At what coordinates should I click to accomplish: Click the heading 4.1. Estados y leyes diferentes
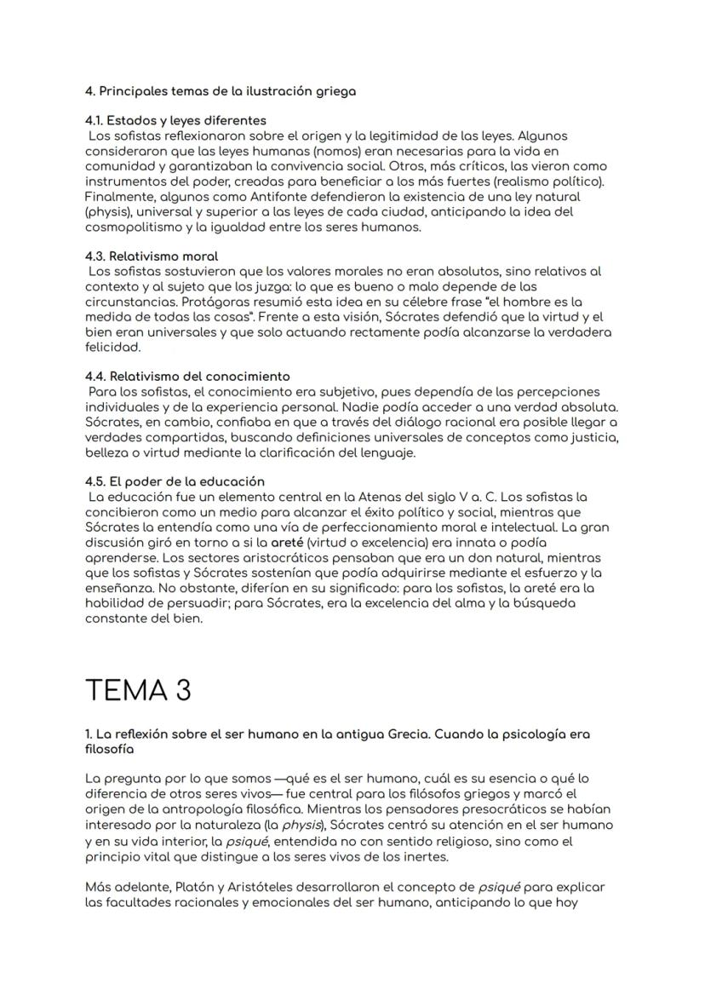point(175,120)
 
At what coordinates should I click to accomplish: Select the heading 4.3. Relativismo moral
point(152,256)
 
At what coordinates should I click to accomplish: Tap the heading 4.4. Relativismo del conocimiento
point(187,376)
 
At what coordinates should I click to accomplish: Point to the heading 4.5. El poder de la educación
point(175,481)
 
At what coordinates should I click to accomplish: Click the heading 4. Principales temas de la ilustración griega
point(221,91)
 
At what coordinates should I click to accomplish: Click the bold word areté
point(288,543)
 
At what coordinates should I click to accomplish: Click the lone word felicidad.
point(112,348)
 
